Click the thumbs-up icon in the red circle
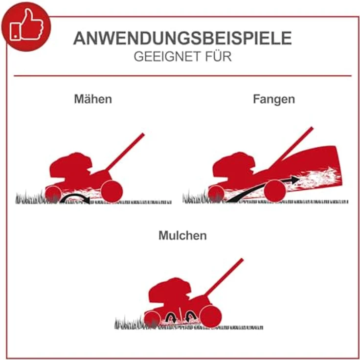click(x=25, y=25)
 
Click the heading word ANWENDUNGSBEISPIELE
click(x=182, y=38)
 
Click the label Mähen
click(x=93, y=99)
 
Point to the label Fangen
click(x=274, y=99)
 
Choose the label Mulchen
click(x=182, y=235)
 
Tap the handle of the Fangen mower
click(x=293, y=146)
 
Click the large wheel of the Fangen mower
click(x=275, y=190)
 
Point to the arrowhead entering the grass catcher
click(x=295, y=180)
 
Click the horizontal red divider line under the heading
click(x=182, y=76)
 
